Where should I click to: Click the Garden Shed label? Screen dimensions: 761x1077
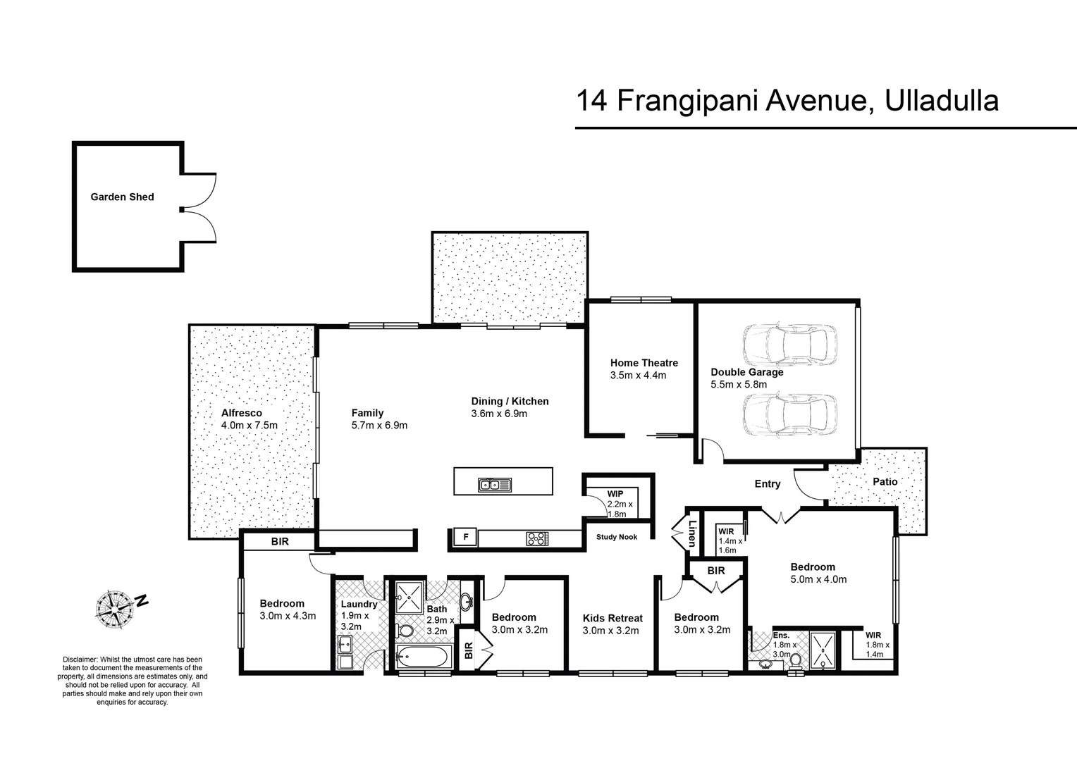point(122,197)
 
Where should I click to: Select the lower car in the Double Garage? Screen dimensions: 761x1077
point(789,415)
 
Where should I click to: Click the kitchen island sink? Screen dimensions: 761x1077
point(495,484)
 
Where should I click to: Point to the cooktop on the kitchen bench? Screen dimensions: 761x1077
point(536,538)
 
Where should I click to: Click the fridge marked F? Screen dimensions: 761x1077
point(465,538)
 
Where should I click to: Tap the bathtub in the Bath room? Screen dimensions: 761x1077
point(421,658)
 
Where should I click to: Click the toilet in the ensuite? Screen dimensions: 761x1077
point(796,662)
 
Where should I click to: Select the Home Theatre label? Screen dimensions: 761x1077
point(644,363)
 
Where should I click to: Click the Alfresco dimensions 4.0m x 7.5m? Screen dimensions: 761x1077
point(249,425)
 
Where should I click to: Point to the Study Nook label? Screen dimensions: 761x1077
point(616,537)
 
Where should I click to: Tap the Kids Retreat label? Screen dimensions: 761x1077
point(613,618)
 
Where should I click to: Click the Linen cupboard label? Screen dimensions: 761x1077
point(692,533)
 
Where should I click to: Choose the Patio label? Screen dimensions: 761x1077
point(885,481)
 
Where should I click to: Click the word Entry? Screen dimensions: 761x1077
point(767,484)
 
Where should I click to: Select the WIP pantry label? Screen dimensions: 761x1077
point(615,493)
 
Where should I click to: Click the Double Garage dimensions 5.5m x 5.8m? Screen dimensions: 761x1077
point(739,385)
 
